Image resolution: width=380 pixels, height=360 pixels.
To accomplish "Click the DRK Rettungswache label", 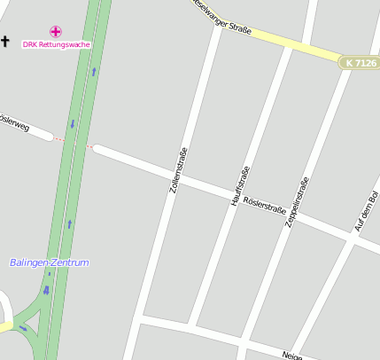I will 57,44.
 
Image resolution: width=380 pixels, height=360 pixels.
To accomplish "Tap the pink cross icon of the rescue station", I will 56,32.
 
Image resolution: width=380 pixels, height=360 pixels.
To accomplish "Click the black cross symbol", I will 5,41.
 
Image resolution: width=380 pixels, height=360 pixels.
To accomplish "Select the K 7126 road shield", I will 360,63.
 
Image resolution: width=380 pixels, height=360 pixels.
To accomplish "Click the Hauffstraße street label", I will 240,186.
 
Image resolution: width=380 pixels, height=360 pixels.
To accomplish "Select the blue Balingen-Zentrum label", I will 50,263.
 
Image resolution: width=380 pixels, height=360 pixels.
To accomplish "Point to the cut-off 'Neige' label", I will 292,355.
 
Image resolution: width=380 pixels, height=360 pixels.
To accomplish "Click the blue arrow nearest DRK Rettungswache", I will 93,69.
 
